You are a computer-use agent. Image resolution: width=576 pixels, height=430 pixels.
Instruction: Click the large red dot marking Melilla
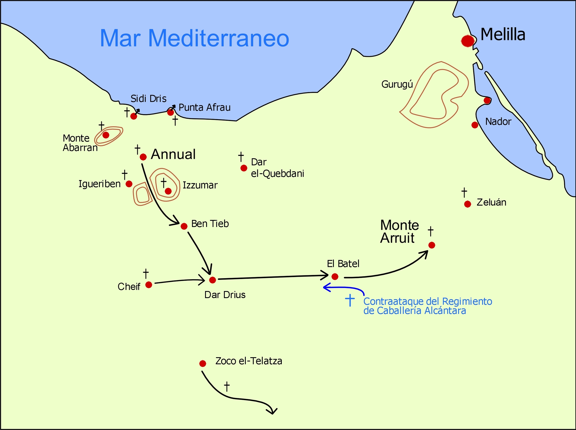[467, 41]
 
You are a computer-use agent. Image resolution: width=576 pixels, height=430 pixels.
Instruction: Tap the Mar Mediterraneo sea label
[194, 38]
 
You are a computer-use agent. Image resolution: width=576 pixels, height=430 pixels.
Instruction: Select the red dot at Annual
[143, 157]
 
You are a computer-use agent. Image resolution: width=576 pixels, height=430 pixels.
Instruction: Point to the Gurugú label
[397, 84]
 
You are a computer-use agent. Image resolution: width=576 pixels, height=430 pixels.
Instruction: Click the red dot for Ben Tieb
[184, 226]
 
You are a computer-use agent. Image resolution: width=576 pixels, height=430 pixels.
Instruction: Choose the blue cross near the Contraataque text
[350, 300]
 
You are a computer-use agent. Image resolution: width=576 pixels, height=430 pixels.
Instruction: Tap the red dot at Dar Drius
[213, 280]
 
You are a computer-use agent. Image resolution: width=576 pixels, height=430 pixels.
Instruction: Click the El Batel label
[343, 264]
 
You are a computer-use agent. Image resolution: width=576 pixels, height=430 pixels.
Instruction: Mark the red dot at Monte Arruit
[432, 245]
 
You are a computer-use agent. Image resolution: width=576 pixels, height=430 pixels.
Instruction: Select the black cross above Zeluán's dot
[464, 193]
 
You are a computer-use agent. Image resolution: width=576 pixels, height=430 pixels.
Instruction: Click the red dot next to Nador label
[475, 125]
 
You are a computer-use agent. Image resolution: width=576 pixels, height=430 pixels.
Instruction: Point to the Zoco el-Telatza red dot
[202, 364]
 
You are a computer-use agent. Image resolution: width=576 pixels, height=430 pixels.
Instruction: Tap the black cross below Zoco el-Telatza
[227, 386]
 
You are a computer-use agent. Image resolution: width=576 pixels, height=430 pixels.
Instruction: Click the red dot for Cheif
[149, 285]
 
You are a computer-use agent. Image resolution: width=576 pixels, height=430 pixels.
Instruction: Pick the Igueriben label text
[99, 184]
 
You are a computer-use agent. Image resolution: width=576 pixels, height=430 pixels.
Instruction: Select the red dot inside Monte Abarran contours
[106, 135]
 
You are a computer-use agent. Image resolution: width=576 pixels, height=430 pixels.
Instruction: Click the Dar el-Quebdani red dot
[244, 168]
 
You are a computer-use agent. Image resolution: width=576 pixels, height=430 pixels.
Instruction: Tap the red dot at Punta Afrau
[170, 112]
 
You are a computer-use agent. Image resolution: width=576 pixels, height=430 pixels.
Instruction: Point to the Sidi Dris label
[148, 99]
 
